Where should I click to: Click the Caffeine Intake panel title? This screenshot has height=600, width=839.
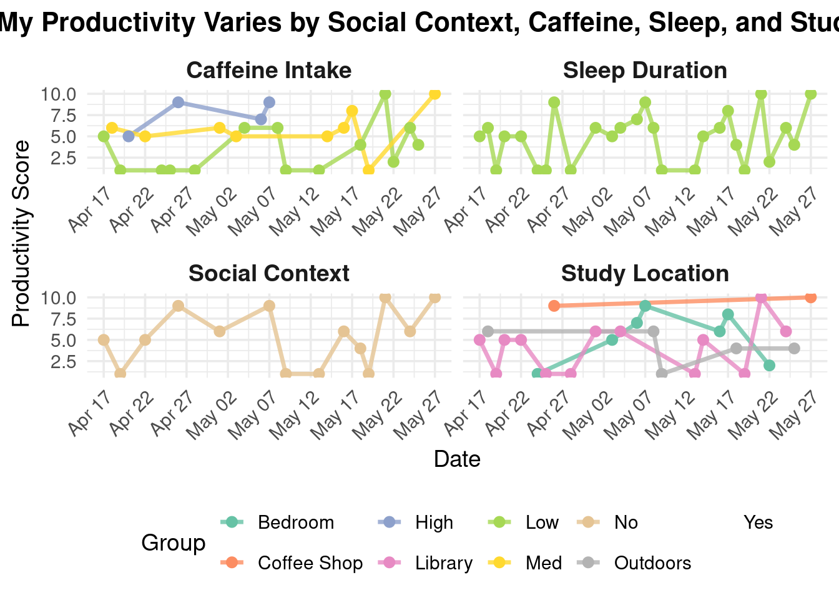(269, 71)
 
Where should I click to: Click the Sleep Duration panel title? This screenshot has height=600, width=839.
(645, 71)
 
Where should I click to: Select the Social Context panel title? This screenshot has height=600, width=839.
(269, 274)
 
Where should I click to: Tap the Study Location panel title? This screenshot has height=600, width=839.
(645, 274)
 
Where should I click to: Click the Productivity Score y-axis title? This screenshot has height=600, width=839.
(21, 233)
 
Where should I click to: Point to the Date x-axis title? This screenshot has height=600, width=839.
(457, 459)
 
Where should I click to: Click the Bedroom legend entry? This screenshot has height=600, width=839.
(295, 522)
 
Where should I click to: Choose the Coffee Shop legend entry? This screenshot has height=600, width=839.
(310, 563)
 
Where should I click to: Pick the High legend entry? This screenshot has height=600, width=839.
(434, 522)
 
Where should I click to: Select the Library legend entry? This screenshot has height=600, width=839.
(443, 563)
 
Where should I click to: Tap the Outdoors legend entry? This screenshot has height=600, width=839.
(652, 563)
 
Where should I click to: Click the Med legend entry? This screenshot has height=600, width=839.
(544, 563)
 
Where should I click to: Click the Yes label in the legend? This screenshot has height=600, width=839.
(758, 522)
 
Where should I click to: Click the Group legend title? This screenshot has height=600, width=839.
(174, 542)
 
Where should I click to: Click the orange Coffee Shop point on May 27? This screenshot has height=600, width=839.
(810, 297)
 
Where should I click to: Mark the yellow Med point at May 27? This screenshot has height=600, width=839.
(434, 94)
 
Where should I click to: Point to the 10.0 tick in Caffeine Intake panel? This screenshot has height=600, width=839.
(58, 94)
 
